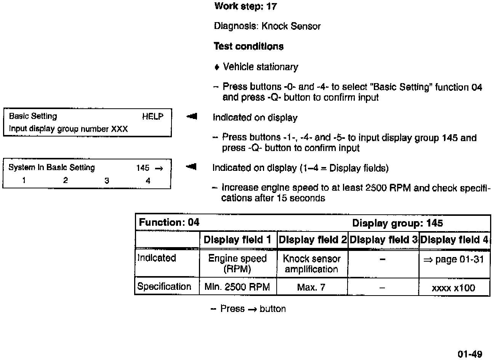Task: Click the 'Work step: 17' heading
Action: [x=245, y=6]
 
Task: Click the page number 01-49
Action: [x=470, y=354]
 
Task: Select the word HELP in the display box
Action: [x=152, y=117]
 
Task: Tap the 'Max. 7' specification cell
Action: [x=311, y=287]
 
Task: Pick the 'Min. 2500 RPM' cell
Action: [x=237, y=287]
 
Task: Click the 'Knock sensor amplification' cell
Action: [x=311, y=264]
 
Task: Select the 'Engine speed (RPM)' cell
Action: [x=237, y=264]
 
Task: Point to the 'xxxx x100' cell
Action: [x=454, y=288]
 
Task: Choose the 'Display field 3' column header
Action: [x=383, y=240]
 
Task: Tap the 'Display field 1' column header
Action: [x=237, y=240]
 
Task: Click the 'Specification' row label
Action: [x=164, y=287]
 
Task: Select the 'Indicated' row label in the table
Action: [x=157, y=258]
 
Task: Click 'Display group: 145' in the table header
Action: [x=397, y=223]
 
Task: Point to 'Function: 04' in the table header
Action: [x=169, y=222]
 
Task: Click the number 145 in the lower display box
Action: [x=143, y=168]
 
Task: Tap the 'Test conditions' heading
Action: [x=248, y=47]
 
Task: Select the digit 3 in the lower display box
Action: [x=107, y=181]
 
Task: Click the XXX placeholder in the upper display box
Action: [x=119, y=129]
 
